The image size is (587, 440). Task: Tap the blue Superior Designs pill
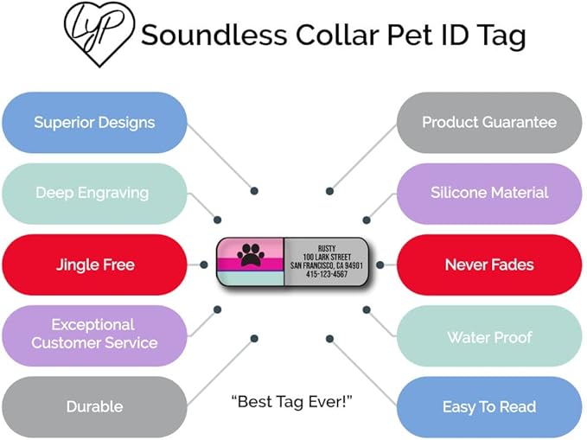coord(94,123)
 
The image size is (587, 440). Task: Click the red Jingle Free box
coord(94,265)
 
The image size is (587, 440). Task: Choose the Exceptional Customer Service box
coord(94,334)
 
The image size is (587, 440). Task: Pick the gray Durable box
coord(94,406)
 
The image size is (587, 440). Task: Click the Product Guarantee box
coord(489,123)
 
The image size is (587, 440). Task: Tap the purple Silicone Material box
coord(489,193)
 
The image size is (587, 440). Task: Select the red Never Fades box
coord(489,265)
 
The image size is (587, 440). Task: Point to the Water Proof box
coord(489,337)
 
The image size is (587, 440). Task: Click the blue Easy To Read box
coord(489,406)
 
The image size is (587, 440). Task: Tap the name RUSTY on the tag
coord(327,248)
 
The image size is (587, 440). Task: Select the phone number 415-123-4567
coord(327,275)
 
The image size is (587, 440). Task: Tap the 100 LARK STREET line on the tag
coord(327,257)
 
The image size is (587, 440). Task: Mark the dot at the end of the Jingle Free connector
coord(204,265)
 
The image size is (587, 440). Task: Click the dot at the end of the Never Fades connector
coord(380,265)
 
